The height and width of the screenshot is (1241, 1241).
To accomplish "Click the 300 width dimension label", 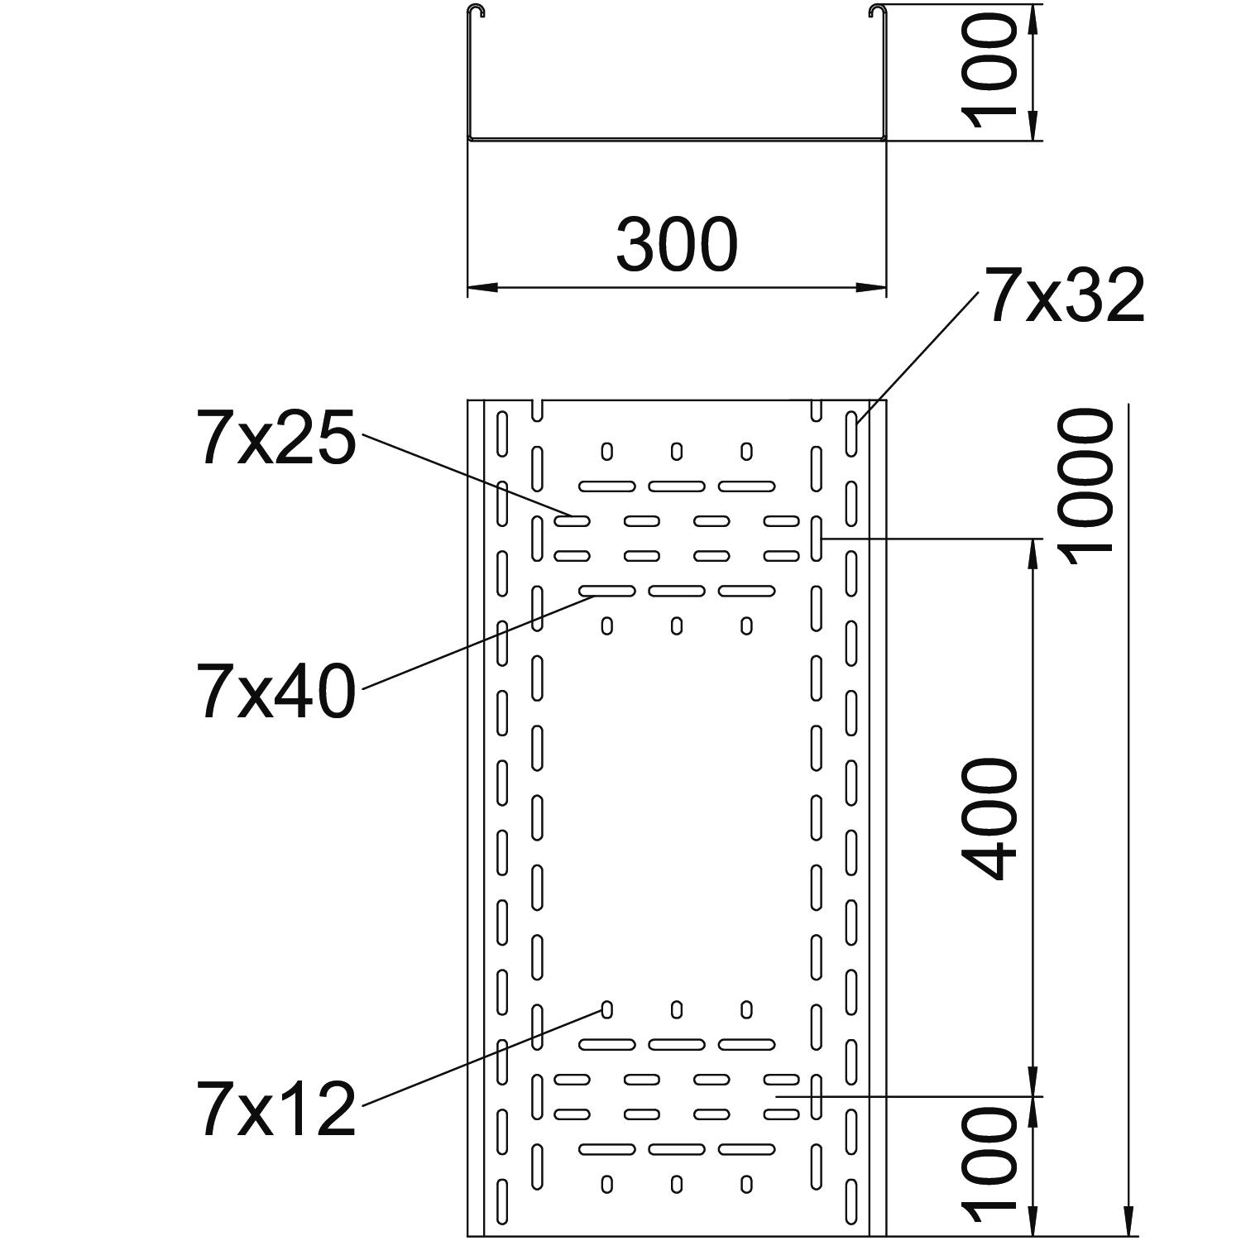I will [x=676, y=246].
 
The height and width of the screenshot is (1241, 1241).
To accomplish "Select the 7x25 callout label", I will [x=276, y=437].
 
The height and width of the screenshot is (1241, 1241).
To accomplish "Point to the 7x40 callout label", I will [x=276, y=689].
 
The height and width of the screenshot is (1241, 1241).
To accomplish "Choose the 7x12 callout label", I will [x=276, y=1108].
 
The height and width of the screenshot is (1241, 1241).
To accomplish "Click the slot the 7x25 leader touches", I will [x=571, y=521].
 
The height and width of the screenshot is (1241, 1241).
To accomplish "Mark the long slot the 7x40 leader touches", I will [x=606, y=591].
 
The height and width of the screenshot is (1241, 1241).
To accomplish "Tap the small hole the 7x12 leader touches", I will [x=606, y=1009].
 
